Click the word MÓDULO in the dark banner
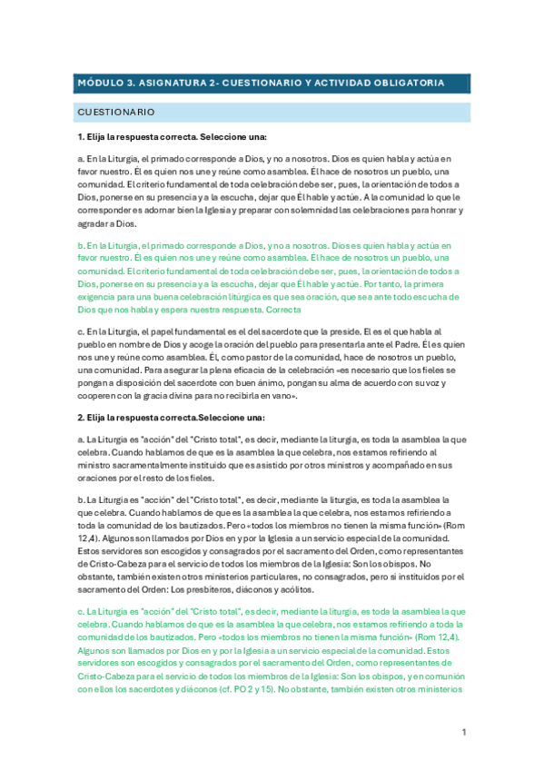coord(101,83)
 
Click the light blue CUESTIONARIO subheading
coord(116,113)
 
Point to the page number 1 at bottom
coord(463,732)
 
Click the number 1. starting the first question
coord(81,136)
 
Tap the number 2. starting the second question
coord(81,392)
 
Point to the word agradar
coord(94,223)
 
